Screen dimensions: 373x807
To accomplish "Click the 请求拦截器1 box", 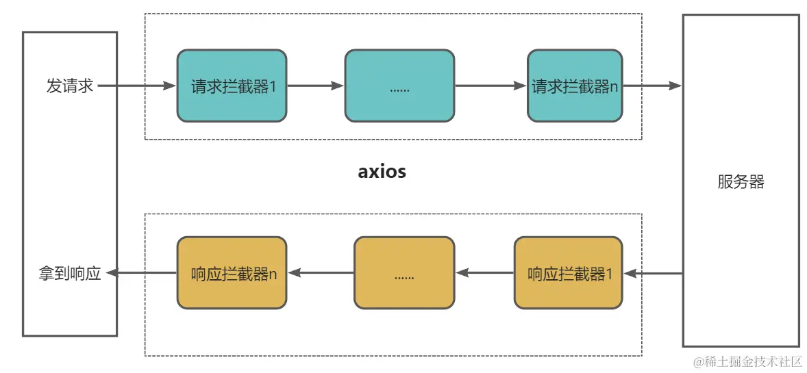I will coord(232,86).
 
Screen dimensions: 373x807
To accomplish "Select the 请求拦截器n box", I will coord(575,86).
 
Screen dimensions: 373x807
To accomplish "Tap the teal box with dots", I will coord(399,86).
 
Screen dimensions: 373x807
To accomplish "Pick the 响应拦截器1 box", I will coord(568,272).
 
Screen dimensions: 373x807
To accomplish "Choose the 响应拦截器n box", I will coord(232,272).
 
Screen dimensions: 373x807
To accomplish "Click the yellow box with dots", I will coord(404,272).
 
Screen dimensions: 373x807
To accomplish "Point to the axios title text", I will coord(382,171).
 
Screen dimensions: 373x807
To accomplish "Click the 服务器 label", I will coord(741,181).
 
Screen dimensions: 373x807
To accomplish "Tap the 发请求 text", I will coord(70,86).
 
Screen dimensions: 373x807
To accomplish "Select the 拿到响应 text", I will coord(70,273).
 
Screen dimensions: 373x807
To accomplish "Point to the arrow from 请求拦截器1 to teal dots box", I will coord(315,86).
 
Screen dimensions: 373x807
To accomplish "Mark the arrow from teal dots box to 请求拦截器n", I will coord(491,86).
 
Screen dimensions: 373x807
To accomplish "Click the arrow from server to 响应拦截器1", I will coord(653,273).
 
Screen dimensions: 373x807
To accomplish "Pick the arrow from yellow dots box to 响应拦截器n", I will coord(321,273).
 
